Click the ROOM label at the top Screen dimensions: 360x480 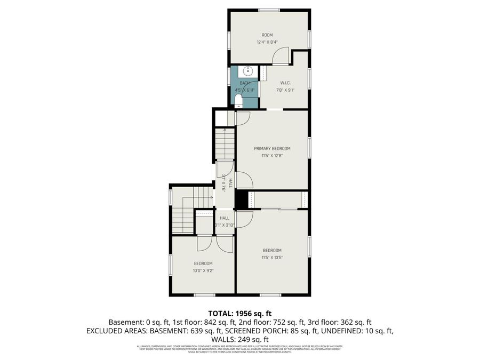267,35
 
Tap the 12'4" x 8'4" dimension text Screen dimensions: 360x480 267,42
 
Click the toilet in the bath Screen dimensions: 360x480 238,100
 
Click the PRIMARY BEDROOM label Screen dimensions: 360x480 272,148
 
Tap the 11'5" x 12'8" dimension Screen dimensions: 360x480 272,156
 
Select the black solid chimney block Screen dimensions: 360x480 242,200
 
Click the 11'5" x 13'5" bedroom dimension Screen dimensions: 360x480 272,258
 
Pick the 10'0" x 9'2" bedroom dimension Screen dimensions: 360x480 203,270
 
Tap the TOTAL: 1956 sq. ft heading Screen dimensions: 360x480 240,313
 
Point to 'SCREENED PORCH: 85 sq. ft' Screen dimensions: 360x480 299,331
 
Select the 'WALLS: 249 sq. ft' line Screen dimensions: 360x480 240,339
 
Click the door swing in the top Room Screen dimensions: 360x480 281,55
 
